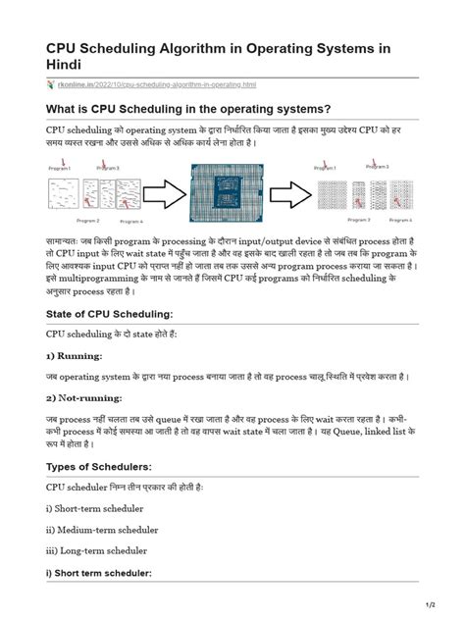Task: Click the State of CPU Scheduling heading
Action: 109,313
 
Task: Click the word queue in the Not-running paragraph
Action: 196,419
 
